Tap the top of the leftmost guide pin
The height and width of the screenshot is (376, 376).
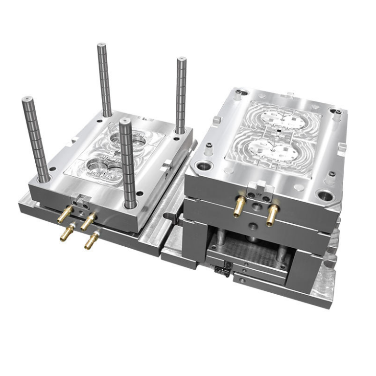[27, 99]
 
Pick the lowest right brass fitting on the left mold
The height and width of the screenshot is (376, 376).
[91, 241]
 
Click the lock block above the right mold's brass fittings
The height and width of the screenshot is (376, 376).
[257, 188]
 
